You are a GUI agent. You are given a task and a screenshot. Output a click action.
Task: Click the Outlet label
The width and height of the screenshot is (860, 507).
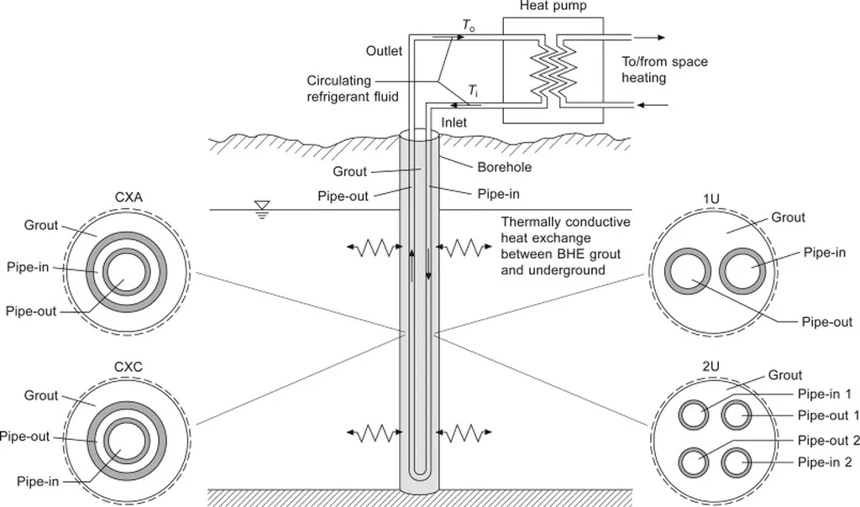(x=384, y=51)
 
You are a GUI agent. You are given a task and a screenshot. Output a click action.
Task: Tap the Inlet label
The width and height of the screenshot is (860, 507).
(x=454, y=123)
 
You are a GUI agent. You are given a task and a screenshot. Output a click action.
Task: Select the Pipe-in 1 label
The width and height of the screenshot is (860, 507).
(x=826, y=394)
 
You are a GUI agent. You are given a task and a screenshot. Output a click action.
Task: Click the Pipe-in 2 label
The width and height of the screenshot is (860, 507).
(x=826, y=462)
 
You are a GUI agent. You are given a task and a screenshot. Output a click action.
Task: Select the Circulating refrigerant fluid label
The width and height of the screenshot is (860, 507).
(x=352, y=88)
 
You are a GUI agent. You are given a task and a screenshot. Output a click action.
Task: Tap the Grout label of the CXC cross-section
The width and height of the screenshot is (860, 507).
(x=40, y=395)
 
